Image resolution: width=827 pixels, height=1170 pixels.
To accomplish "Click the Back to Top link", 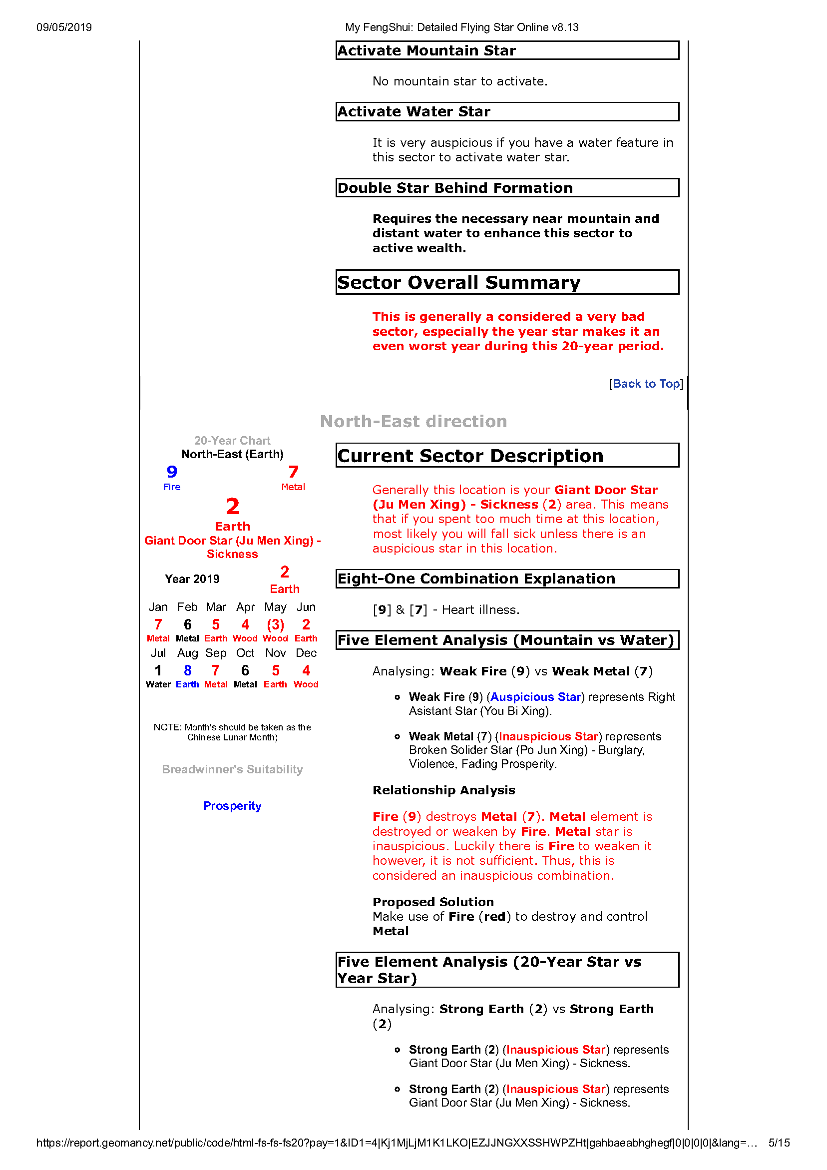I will point(646,384).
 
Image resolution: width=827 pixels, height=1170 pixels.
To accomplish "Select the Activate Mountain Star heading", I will point(426,50).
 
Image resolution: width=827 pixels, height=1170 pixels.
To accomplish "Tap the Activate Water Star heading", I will point(414,111).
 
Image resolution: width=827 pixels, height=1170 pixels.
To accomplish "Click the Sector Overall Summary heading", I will point(458,282).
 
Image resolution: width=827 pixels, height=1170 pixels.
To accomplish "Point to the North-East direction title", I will point(413,422).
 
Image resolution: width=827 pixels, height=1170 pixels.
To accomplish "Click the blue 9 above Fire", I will point(172,472).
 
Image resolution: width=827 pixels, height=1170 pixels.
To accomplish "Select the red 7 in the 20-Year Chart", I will point(293,472).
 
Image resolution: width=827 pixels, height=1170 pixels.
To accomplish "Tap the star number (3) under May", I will point(275,625).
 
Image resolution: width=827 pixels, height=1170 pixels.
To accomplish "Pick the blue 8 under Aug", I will point(187,670).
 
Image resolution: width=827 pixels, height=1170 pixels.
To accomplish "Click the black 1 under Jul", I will point(158,670).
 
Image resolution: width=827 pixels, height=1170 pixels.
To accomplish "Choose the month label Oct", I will point(245,653).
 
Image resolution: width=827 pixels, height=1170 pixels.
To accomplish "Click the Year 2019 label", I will point(192,579).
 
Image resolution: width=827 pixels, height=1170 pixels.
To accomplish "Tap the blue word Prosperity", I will point(232,806).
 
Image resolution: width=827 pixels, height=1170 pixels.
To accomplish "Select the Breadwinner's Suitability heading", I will point(232,769).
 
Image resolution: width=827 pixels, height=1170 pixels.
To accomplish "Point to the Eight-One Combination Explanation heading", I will point(476,579).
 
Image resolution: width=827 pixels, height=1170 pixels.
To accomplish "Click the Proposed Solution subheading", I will point(433,902).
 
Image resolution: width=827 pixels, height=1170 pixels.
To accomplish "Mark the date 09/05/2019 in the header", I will point(64,27).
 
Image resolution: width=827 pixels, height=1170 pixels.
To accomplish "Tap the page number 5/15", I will point(779,1143).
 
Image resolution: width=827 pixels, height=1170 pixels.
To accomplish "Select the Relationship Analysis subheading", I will point(444,790).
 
